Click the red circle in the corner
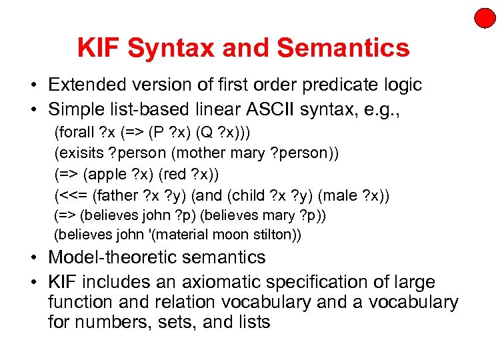pyautogui.click(x=485, y=17)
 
